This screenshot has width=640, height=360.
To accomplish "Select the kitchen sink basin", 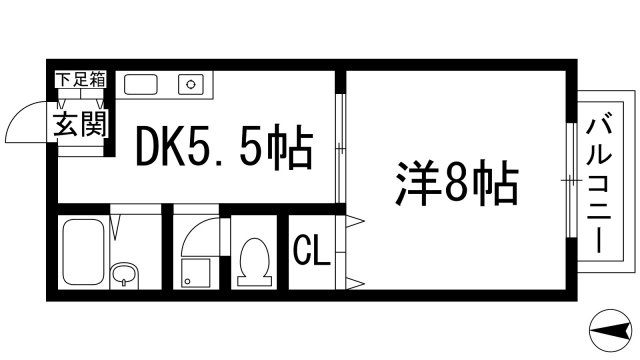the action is point(142,84).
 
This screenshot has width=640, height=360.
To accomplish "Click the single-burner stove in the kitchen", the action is point(191,85).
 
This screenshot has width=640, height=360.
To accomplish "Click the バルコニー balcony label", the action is point(600,185).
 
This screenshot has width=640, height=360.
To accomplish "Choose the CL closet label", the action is point(311,251).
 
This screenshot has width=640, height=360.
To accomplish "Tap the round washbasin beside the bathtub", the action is point(124,274).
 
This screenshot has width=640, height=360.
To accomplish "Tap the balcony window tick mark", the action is point(570,180).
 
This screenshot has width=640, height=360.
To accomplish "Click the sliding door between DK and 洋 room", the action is point(340,150).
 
